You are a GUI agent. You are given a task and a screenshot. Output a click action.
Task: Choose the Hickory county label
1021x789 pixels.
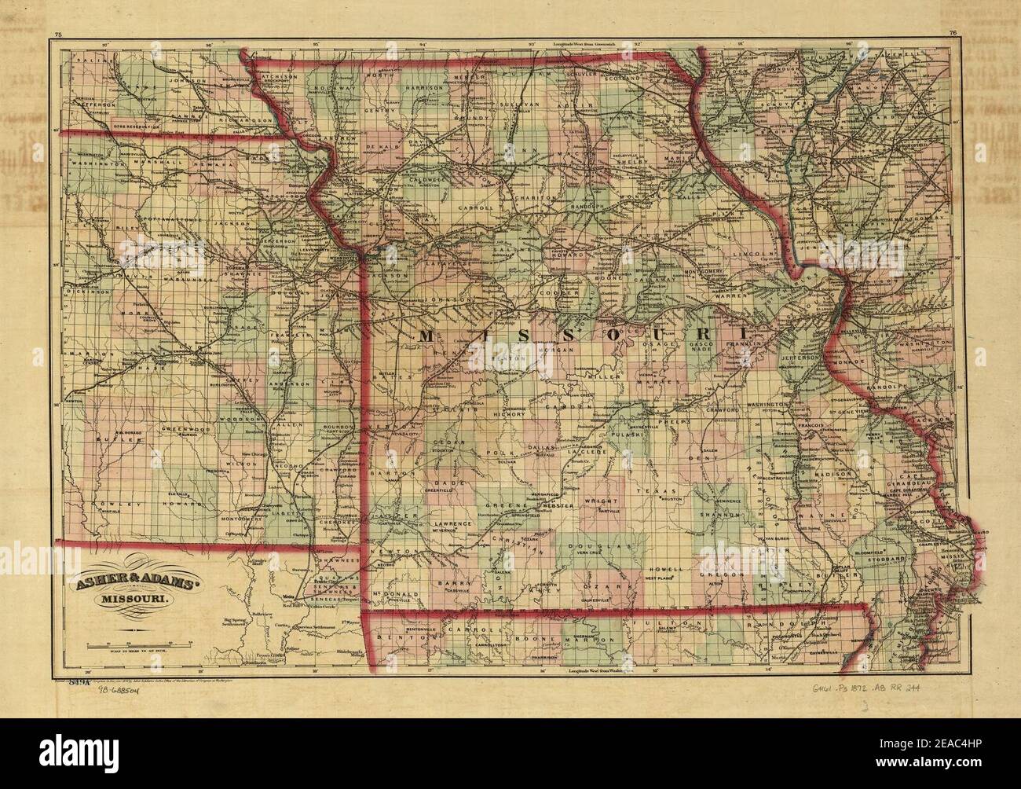507,413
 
